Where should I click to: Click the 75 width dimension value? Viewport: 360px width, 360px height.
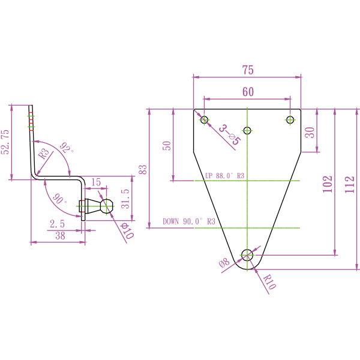(x=248, y=70)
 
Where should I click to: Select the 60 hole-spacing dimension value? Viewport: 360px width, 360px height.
(x=248, y=92)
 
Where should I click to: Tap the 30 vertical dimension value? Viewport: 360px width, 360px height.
(x=310, y=133)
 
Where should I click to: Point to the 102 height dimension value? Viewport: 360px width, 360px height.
(x=327, y=184)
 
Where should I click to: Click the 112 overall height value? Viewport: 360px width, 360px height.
(x=350, y=184)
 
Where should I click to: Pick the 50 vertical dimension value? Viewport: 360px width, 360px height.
(x=167, y=145)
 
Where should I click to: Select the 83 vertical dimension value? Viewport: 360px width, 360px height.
(x=143, y=169)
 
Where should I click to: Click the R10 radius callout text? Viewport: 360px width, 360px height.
(x=269, y=282)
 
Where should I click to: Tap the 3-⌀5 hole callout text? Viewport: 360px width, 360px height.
(x=229, y=134)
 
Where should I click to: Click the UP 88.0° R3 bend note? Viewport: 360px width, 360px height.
(x=225, y=176)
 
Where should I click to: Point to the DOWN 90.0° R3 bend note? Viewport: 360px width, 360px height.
(x=189, y=222)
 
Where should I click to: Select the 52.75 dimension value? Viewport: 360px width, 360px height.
(x=5, y=142)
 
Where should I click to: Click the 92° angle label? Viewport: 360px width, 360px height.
(x=65, y=148)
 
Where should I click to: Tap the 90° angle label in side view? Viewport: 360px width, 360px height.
(x=59, y=199)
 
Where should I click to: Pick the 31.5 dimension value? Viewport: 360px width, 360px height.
(x=125, y=199)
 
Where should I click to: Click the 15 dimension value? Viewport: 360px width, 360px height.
(x=96, y=182)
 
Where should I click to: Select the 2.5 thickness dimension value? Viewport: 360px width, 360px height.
(x=58, y=224)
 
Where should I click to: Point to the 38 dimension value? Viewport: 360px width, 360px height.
(x=60, y=236)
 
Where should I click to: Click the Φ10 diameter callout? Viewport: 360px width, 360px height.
(x=127, y=230)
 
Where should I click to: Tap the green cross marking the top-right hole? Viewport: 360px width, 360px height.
(x=290, y=120)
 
